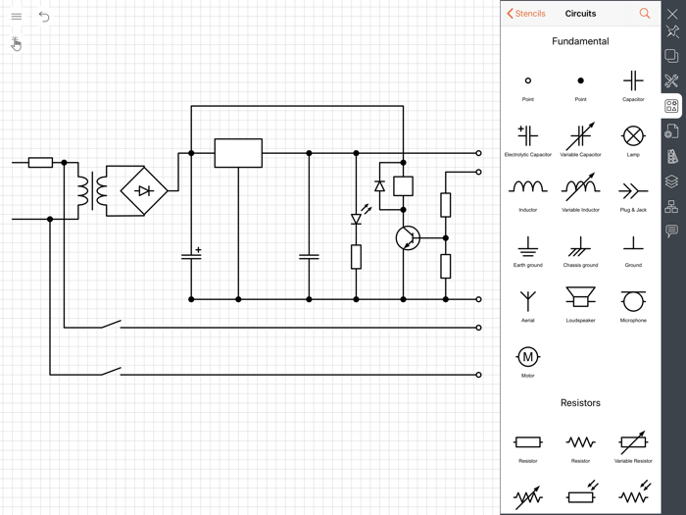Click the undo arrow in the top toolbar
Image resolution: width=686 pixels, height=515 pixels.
tap(44, 16)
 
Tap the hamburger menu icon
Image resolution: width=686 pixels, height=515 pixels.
tap(16, 16)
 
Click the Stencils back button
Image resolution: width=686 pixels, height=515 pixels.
tap(526, 14)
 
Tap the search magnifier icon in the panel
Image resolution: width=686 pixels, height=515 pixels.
tap(644, 14)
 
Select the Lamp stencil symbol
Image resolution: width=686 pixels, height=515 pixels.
tap(633, 135)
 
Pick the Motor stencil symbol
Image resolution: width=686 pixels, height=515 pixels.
tap(527, 356)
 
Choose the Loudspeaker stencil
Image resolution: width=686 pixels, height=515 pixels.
tap(580, 298)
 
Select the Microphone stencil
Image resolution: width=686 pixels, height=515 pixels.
tap(633, 300)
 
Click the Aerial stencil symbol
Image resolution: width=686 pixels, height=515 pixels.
tap(527, 300)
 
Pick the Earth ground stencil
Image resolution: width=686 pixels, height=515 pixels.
tap(527, 245)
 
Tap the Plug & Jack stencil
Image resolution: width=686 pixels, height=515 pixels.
tap(633, 190)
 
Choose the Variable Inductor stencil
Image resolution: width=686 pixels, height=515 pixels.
tap(580, 186)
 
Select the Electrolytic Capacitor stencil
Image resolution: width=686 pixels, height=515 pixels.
tap(527, 135)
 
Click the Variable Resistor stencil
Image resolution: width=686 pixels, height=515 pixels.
tap(633, 441)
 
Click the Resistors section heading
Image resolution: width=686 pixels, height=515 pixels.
tap(580, 403)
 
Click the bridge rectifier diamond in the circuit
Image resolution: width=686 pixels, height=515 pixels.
tap(144, 190)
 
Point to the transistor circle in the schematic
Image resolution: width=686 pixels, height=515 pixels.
tap(408, 237)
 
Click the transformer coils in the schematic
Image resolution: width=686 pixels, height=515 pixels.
tap(91, 190)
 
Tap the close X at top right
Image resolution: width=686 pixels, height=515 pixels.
tap(672, 14)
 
